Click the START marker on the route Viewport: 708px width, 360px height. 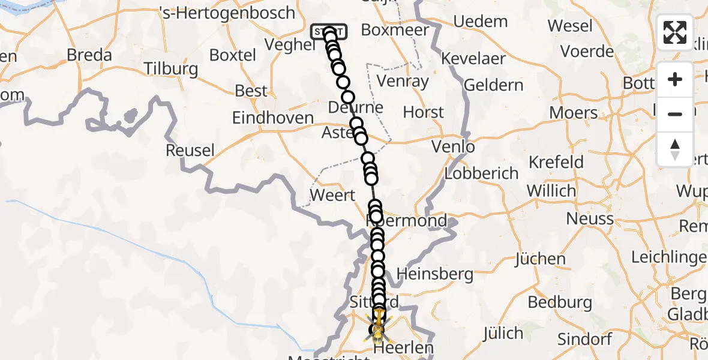(328, 31)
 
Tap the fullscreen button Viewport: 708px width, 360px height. (675, 32)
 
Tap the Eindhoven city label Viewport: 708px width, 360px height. (273, 118)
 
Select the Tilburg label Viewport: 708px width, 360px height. (171, 68)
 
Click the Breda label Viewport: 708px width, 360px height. (89, 55)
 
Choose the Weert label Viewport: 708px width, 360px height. (332, 195)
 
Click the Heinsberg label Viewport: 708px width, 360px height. (435, 275)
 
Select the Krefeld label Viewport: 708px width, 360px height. (556, 162)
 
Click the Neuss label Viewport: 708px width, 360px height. (590, 218)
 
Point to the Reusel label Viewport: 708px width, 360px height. (190, 150)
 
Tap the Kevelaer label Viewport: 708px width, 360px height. (474, 59)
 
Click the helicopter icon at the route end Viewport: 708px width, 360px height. (378, 328)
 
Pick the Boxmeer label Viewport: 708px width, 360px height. (395, 30)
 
